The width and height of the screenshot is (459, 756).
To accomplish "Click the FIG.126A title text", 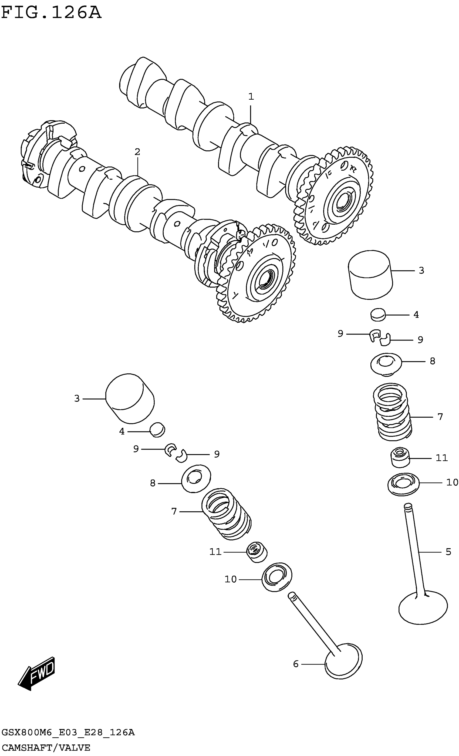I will coord(51,13).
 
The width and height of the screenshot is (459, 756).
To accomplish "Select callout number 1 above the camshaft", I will coord(251,97).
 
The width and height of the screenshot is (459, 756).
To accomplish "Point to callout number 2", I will coord(137,152).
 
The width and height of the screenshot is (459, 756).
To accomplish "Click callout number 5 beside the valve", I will coord(448,552).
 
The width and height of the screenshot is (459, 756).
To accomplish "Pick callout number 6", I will coord(296,664).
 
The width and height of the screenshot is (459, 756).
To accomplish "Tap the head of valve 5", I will coord(423,608).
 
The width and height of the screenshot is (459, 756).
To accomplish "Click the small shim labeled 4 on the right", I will coord(378,315).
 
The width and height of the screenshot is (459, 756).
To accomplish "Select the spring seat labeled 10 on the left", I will coord(277,577).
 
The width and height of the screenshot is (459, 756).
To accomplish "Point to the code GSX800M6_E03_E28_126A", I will coord(68,733).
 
